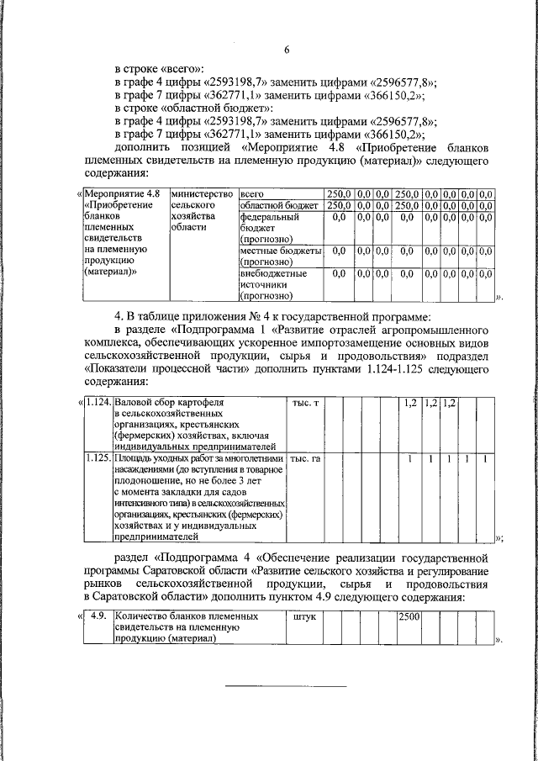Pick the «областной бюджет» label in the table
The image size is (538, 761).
(x=278, y=205)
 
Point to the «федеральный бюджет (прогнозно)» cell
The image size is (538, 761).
(x=270, y=227)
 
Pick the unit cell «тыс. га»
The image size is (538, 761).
(x=306, y=459)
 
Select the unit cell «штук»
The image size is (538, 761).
(x=302, y=616)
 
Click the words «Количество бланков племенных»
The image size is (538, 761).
(x=186, y=616)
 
